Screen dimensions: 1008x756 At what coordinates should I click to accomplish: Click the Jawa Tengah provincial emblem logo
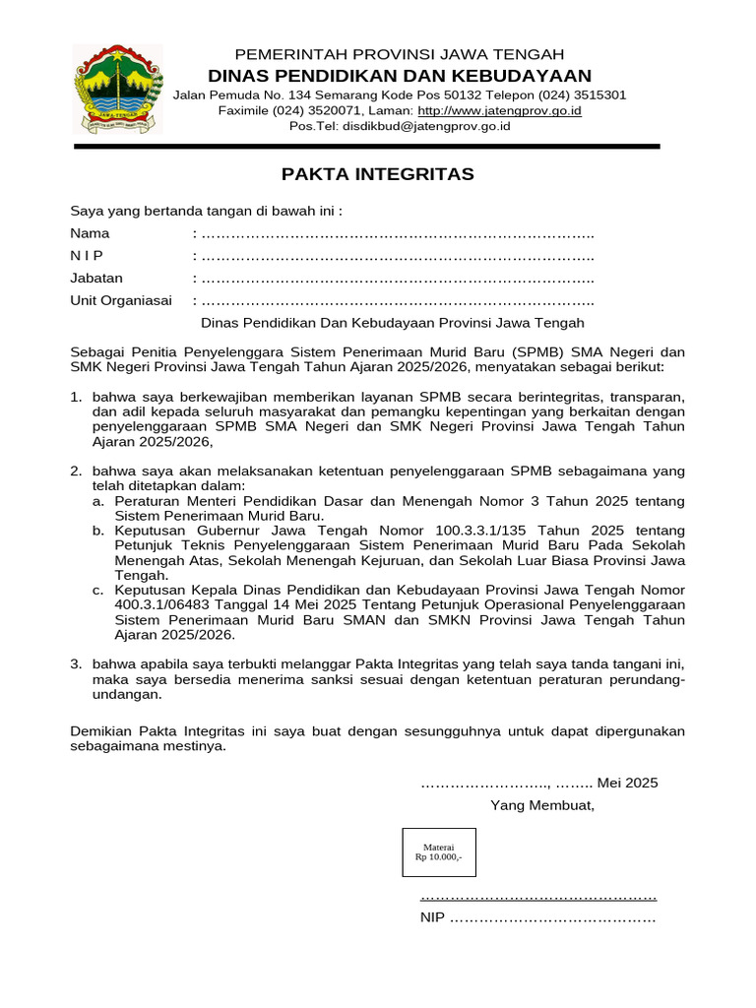114,89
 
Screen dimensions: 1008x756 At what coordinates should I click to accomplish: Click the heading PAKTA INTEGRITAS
378,174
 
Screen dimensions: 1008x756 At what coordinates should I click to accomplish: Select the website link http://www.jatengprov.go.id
499,111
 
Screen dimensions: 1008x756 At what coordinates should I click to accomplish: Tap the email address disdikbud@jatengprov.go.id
425,127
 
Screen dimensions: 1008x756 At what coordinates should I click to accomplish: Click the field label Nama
90,234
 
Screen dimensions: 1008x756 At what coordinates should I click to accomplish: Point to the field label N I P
89,256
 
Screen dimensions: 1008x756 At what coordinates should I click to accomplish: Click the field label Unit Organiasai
121,301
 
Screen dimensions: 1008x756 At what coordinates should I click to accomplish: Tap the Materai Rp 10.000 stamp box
438,852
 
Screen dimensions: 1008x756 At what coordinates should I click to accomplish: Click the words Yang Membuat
542,805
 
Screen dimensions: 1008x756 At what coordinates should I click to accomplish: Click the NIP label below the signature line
433,918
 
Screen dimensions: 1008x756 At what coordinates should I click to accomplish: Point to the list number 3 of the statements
76,664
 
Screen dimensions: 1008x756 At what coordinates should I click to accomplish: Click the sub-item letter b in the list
97,532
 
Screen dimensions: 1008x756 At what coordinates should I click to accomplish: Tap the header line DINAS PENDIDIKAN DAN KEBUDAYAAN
399,76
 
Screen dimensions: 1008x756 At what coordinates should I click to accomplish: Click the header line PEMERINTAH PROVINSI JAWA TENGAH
399,54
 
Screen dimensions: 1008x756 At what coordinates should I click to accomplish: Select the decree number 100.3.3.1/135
472,532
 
